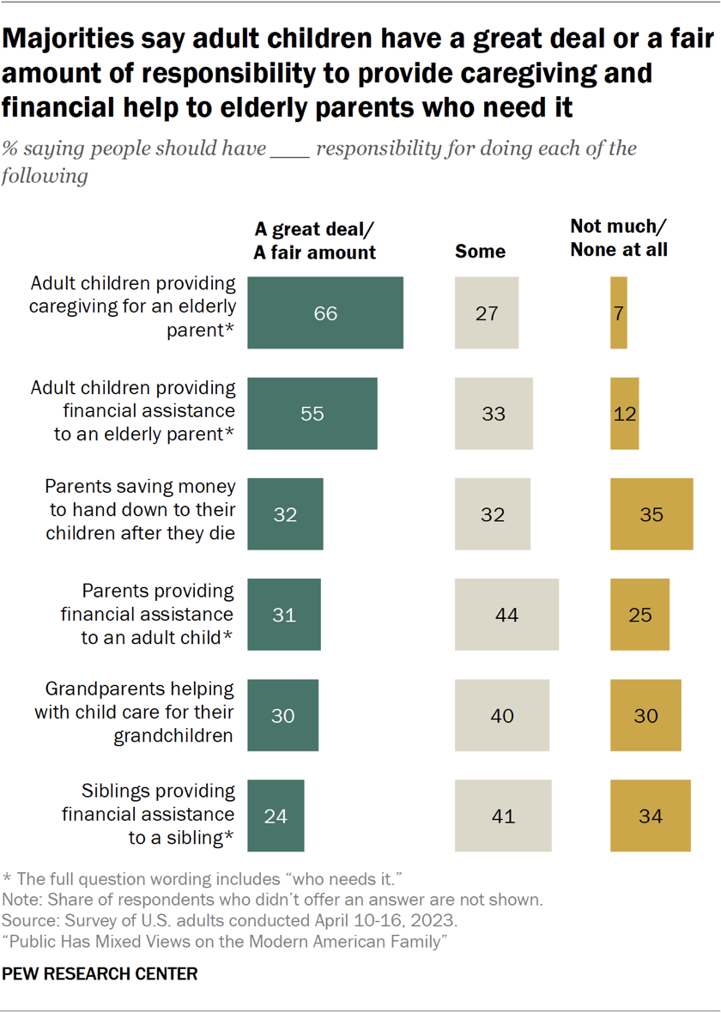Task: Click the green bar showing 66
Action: point(325,312)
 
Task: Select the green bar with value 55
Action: point(312,413)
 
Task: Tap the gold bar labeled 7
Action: point(619,312)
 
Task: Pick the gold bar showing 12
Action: point(625,413)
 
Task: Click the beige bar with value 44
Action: point(506,615)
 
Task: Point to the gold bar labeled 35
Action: point(651,513)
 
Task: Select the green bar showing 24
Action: point(276,815)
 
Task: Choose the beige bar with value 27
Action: point(487,312)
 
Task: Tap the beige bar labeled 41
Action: point(503,815)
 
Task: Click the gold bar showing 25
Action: point(639,615)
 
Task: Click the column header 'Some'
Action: point(480,252)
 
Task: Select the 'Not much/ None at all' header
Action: point(619,239)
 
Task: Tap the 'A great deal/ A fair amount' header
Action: point(315,240)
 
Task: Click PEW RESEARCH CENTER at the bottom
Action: point(100,974)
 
